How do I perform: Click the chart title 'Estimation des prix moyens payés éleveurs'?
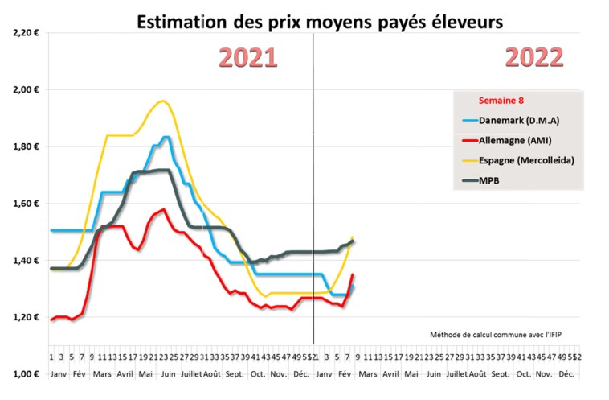click(x=320, y=22)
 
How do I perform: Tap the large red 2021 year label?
click(x=248, y=58)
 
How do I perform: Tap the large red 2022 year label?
click(x=533, y=58)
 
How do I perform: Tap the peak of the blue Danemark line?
click(x=166, y=137)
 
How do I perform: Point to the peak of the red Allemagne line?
click(x=163, y=209)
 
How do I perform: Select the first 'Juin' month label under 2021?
click(x=169, y=374)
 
